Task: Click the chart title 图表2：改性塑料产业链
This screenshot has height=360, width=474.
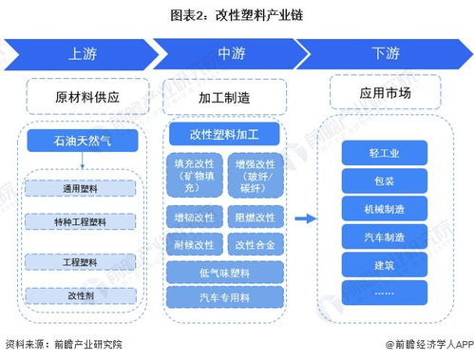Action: coord(236,14)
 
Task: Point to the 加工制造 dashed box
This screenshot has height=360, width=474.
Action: coord(225,97)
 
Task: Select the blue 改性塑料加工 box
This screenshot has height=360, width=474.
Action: coord(225,133)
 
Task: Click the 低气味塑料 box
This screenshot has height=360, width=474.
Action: coord(225,274)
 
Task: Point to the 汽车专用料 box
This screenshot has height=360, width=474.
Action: coord(225,298)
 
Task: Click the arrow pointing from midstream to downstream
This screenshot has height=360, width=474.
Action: coord(305,218)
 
